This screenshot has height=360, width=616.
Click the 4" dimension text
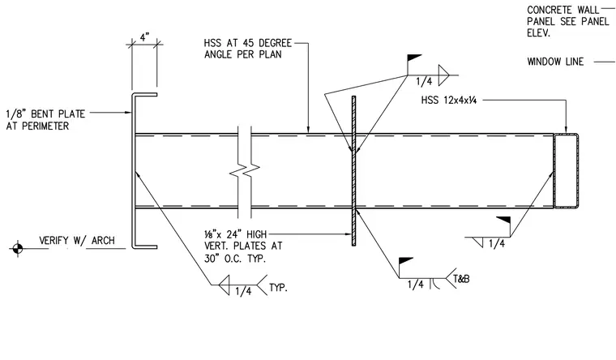[x=144, y=37]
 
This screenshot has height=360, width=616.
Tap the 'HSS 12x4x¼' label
[x=449, y=101]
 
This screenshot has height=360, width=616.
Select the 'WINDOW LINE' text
[x=555, y=62]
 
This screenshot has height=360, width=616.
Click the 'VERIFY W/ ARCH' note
[x=77, y=241]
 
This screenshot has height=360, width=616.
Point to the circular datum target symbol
[x=17, y=248]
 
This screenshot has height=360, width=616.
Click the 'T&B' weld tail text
[x=461, y=279]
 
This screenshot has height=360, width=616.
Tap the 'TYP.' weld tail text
[x=278, y=288]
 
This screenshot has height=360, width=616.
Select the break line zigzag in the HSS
[x=244, y=172]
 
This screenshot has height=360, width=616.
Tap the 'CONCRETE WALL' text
[x=563, y=10]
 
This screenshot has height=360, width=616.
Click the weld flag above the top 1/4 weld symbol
[x=414, y=58]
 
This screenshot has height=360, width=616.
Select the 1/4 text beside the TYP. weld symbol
[x=243, y=291]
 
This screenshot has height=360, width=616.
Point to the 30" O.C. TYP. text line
[x=235, y=259]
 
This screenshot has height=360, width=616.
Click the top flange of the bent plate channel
[x=144, y=95]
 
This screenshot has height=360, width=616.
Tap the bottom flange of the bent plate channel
[x=144, y=246]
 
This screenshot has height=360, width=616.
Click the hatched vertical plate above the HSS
[x=353, y=114]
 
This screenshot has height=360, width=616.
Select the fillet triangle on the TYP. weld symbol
[x=225, y=285]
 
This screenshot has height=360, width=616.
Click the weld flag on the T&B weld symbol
[x=406, y=260]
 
